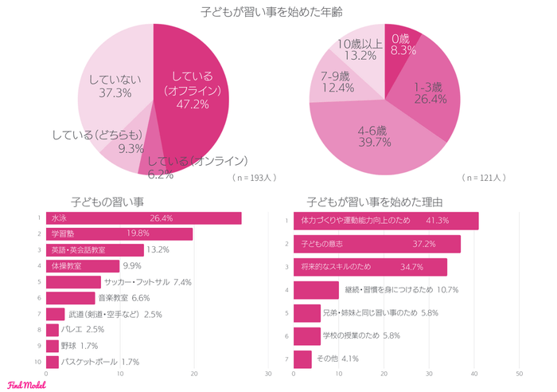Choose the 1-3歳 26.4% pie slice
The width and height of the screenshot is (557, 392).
(x=430, y=92)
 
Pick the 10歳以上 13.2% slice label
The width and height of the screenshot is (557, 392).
(x=361, y=49)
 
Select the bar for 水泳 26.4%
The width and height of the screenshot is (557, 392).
(x=143, y=218)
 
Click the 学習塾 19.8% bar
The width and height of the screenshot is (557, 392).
(x=119, y=233)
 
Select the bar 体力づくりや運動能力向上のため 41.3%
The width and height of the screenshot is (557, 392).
(x=386, y=220)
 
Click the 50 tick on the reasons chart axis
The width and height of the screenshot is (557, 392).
(x=519, y=374)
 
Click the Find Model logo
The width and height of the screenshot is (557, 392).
(x=26, y=384)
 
